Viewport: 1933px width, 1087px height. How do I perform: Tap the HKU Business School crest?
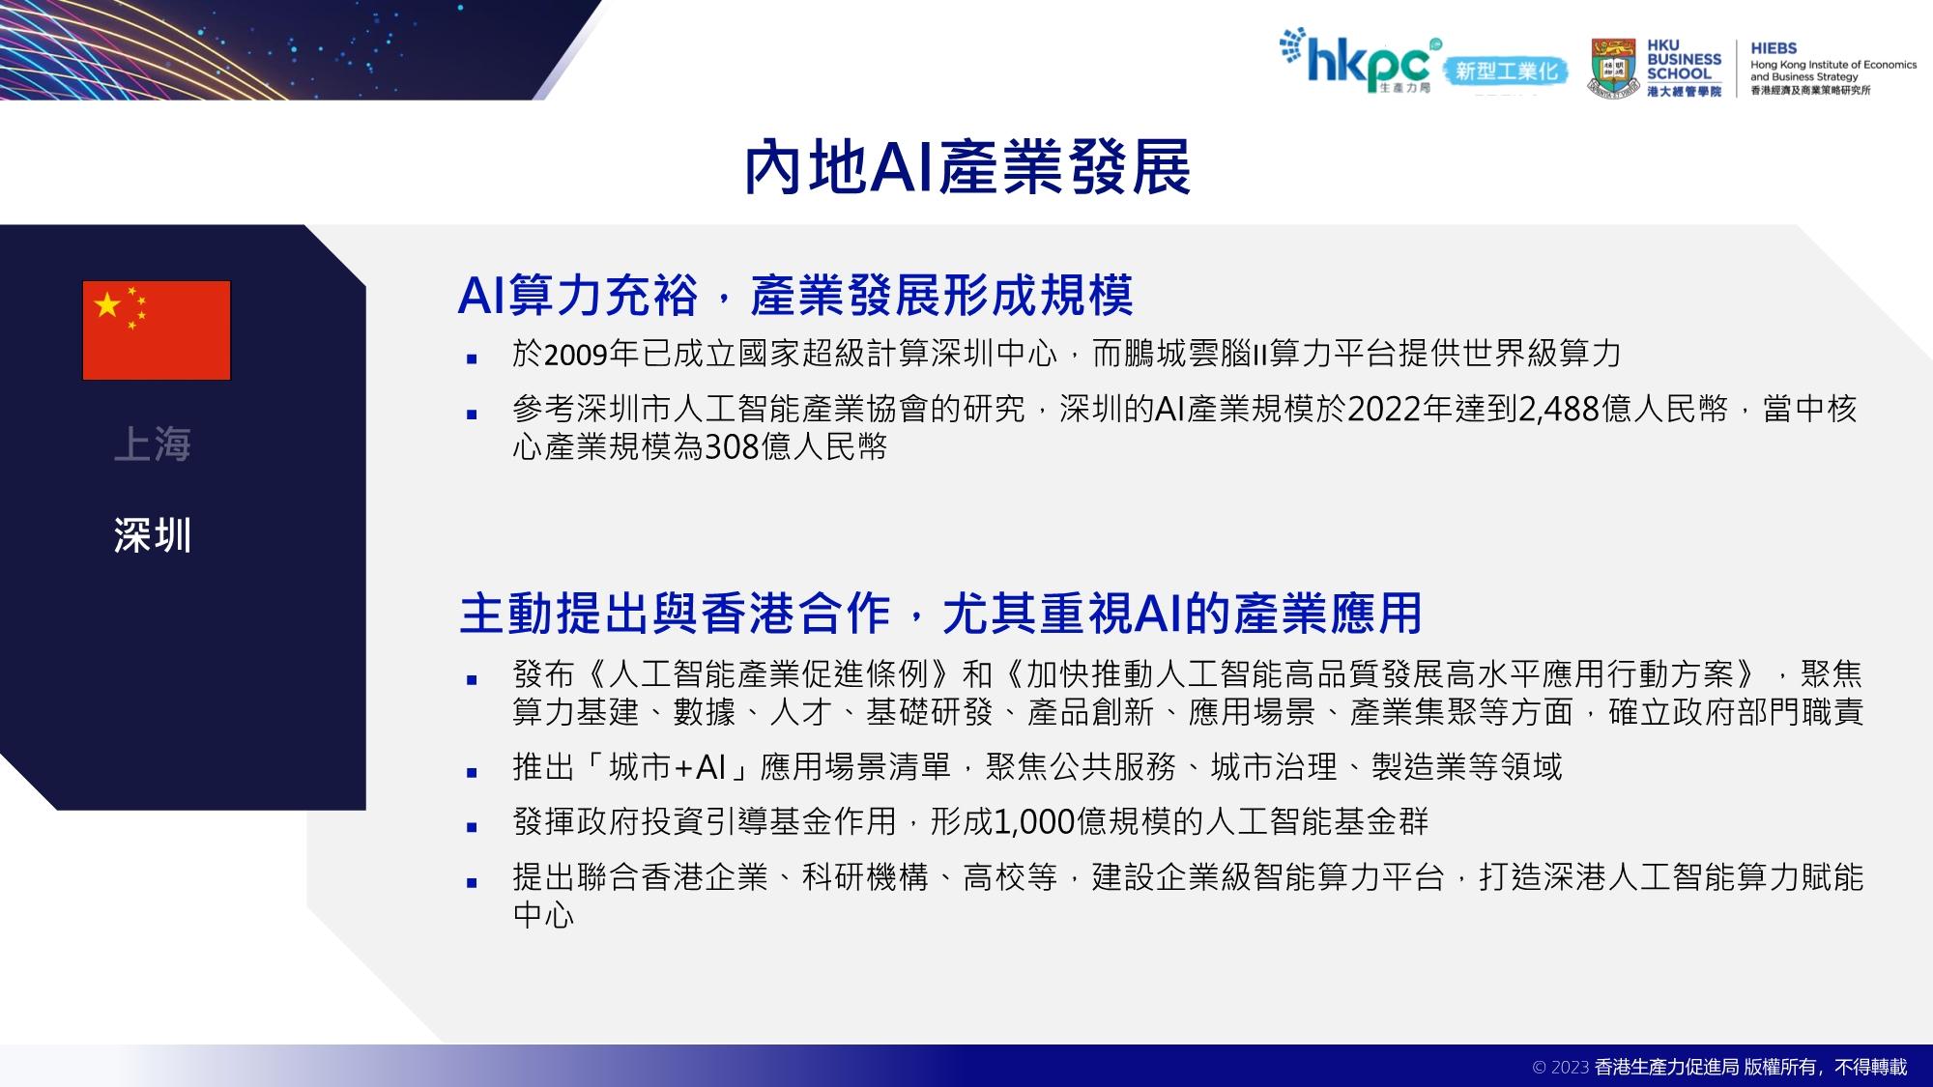(1614, 68)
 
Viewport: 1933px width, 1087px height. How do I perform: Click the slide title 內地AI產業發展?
(966, 168)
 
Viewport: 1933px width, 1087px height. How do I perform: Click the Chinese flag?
(157, 330)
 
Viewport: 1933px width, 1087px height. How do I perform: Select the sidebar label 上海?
(153, 444)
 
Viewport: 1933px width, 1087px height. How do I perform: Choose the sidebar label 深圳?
(153, 535)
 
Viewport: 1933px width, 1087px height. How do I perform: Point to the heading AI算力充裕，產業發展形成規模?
(795, 296)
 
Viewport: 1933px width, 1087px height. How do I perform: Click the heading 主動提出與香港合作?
(675, 613)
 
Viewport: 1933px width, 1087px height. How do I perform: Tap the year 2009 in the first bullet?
(577, 355)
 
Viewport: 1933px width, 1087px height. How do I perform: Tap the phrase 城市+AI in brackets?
(668, 767)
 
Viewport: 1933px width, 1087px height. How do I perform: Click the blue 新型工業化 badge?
(1506, 72)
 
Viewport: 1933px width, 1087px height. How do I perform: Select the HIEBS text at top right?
(1774, 48)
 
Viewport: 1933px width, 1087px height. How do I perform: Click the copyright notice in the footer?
(1720, 1067)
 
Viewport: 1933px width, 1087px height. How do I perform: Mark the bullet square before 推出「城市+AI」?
(472, 773)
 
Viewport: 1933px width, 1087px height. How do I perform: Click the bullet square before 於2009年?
(472, 358)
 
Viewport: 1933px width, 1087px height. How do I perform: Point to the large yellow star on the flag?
(107, 305)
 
